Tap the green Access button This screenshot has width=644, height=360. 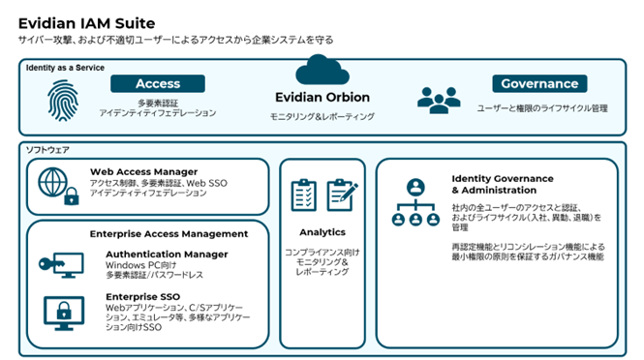point(158,84)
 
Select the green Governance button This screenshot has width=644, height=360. point(539,84)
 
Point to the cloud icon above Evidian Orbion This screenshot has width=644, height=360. point(322,72)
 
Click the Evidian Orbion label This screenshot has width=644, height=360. point(322,98)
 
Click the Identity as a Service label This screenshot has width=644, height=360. point(66,68)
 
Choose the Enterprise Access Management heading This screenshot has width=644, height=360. point(169,233)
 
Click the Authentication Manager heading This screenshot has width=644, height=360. point(167,255)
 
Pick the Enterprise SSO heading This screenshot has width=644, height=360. point(144,296)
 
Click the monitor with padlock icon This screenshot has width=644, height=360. point(60,311)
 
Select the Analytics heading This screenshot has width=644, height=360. point(322,232)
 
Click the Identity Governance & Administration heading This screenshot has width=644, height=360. point(503,184)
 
